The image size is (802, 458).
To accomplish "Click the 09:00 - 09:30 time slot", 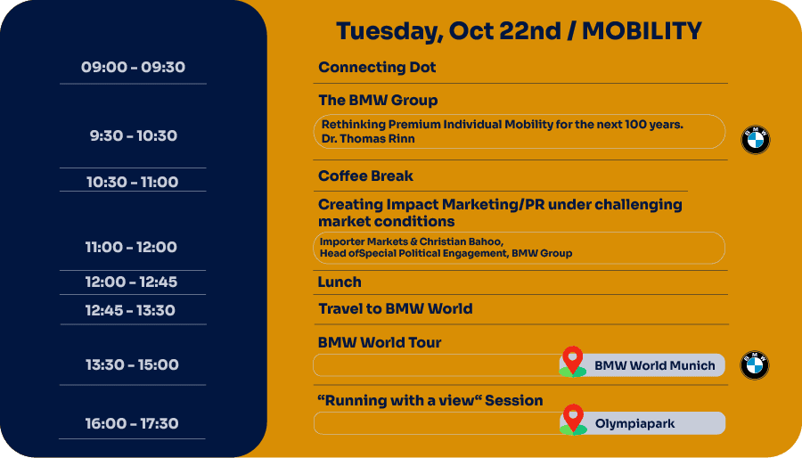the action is coord(133,67).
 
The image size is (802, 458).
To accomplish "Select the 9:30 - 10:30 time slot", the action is coord(134,135).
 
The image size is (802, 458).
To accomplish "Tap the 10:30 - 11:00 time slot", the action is coord(133,182).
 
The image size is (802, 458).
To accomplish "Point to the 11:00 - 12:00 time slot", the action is coord(131,247).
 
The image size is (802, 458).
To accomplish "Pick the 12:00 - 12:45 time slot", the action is coord(131,282).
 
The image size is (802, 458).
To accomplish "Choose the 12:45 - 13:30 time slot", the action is coord(130,310).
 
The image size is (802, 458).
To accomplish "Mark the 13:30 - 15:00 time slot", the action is coord(132,364).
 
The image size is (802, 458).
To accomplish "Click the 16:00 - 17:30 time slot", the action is coord(132,423).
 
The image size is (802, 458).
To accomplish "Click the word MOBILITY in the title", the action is coord(642,30).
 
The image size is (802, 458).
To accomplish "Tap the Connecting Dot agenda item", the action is coord(377,67).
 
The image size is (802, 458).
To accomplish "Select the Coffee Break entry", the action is coord(365,176).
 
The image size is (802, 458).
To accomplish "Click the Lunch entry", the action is coord(340,282).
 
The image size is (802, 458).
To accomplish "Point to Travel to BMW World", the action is coord(396,308).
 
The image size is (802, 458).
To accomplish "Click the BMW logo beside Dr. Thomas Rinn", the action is coord(756,140).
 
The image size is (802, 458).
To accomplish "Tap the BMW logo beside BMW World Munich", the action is coord(755,365).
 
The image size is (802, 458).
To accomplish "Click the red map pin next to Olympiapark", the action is coord(573,417).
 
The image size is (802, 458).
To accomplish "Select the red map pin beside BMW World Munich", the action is coord(573,359).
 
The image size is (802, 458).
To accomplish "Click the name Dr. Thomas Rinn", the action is coord(368,138).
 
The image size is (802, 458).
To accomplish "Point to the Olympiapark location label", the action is coord(634,424).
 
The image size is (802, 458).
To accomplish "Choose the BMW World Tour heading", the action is coord(380,342).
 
